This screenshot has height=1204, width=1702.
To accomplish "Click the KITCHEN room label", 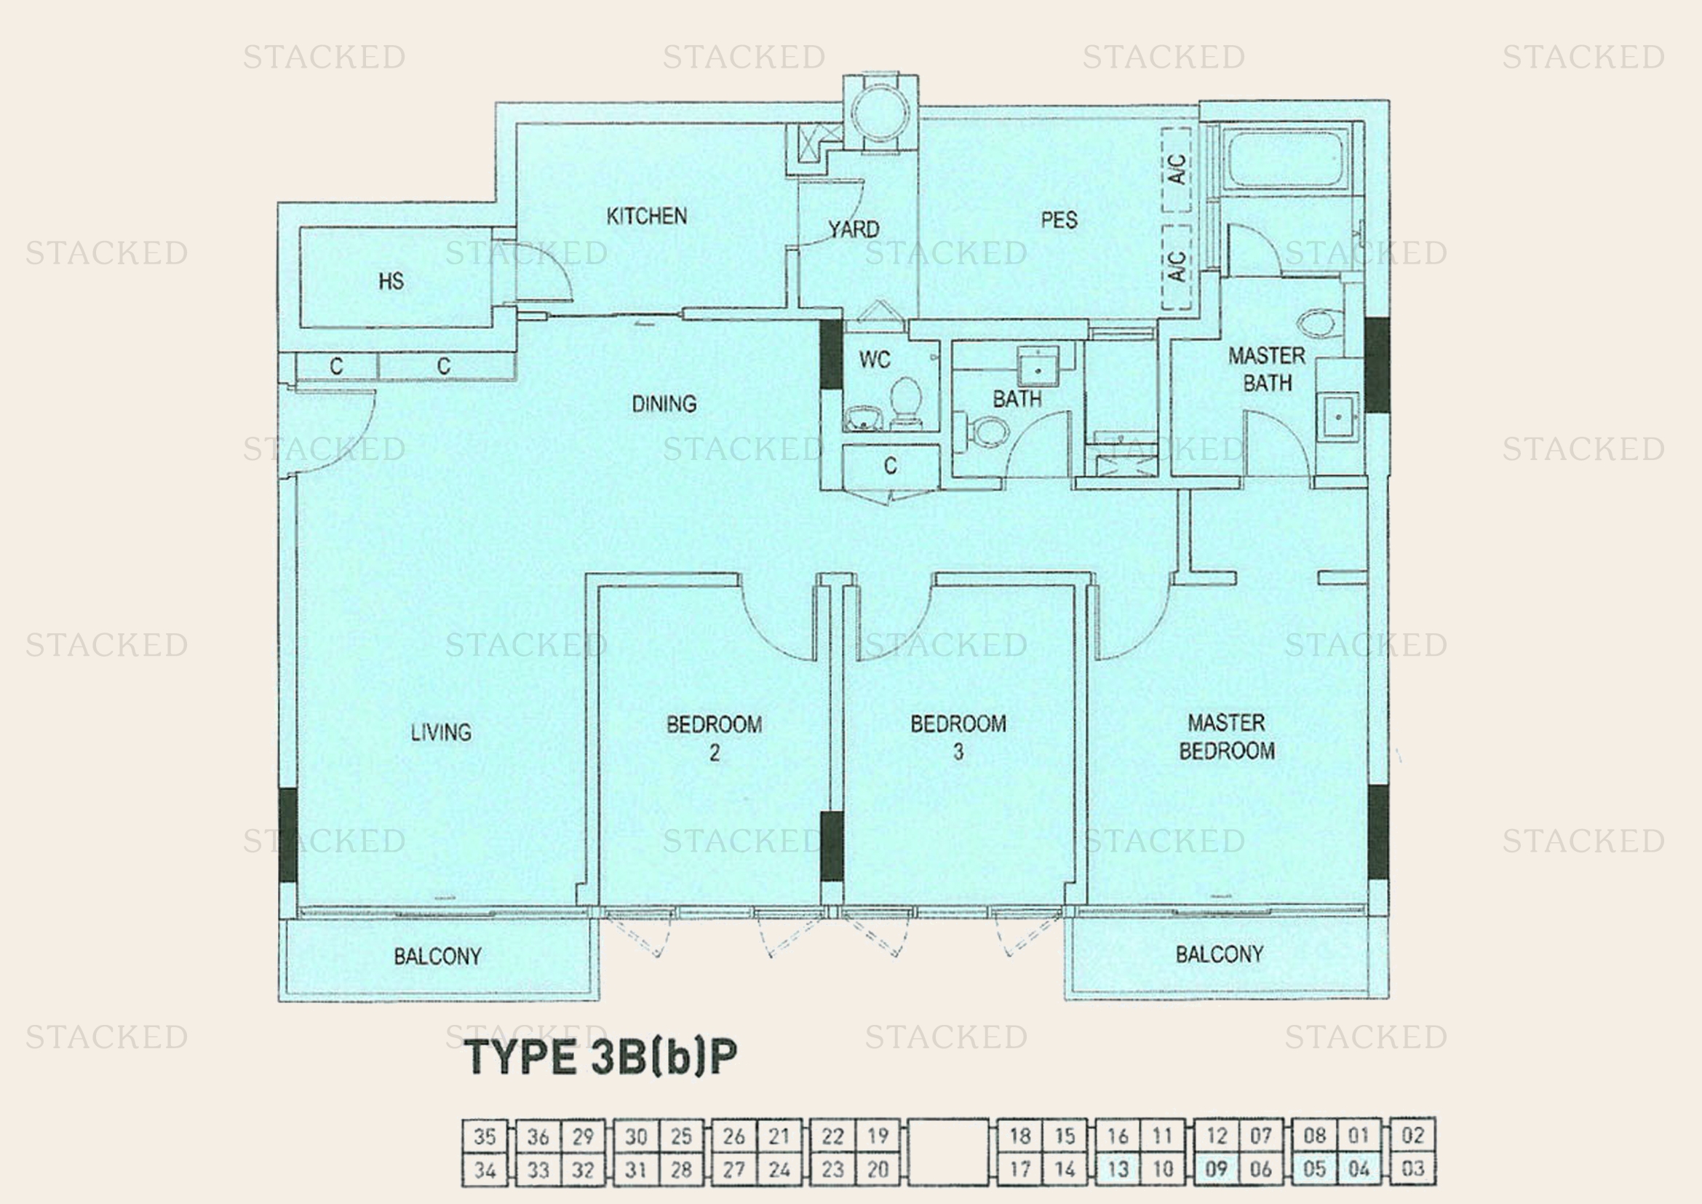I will click(x=646, y=216).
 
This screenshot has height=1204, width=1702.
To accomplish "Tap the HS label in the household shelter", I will click(x=391, y=281).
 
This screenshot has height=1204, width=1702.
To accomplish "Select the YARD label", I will click(x=854, y=229).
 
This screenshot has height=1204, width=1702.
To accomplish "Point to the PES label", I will click(x=1059, y=219).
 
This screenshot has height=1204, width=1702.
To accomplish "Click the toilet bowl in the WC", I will click(x=905, y=400).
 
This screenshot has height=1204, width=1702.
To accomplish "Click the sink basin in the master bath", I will click(x=1337, y=416).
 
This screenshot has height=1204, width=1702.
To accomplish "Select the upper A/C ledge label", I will click(x=1177, y=168).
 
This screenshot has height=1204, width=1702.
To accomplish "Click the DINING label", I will click(x=664, y=404).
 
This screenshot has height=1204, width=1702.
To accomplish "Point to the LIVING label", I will click(x=441, y=732).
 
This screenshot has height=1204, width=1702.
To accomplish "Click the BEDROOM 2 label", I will click(x=714, y=737).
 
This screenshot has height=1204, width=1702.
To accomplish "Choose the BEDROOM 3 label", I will click(x=958, y=737).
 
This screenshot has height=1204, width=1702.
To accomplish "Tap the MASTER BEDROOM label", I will click(x=1226, y=736).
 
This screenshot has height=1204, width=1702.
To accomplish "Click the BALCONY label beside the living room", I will click(x=437, y=957).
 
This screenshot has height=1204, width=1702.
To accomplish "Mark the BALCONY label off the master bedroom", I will click(x=1220, y=954).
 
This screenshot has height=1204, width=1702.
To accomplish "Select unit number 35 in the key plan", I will click(x=485, y=1136).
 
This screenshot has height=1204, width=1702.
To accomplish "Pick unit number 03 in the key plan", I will click(x=1413, y=1169).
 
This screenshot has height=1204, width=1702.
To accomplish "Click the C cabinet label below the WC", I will click(x=890, y=466).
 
